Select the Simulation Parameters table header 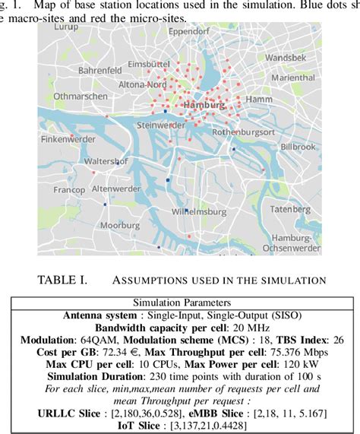pyautogui.click(x=180, y=302)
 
